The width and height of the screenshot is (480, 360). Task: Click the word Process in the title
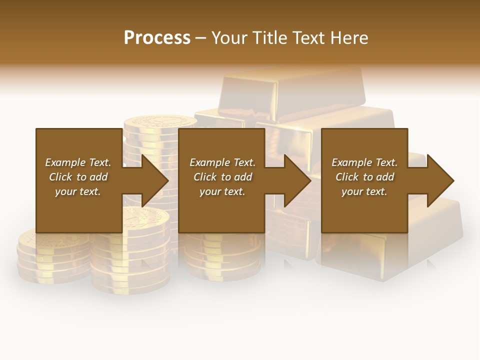coord(157,38)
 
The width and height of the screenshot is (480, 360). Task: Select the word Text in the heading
coord(306,38)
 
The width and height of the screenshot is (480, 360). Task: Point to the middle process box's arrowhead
coord(296,180)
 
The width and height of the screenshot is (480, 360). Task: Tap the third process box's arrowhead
coord(438,180)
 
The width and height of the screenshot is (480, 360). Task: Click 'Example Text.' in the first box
coord(78,162)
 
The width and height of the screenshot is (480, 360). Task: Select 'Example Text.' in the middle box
coord(222,162)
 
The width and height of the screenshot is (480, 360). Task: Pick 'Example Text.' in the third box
coord(364,162)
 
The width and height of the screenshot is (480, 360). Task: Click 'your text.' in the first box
coord(78,191)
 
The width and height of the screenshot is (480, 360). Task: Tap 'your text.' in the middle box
coord(222,191)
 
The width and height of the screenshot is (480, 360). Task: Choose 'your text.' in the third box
coord(364,191)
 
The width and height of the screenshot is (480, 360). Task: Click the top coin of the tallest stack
coord(160,122)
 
